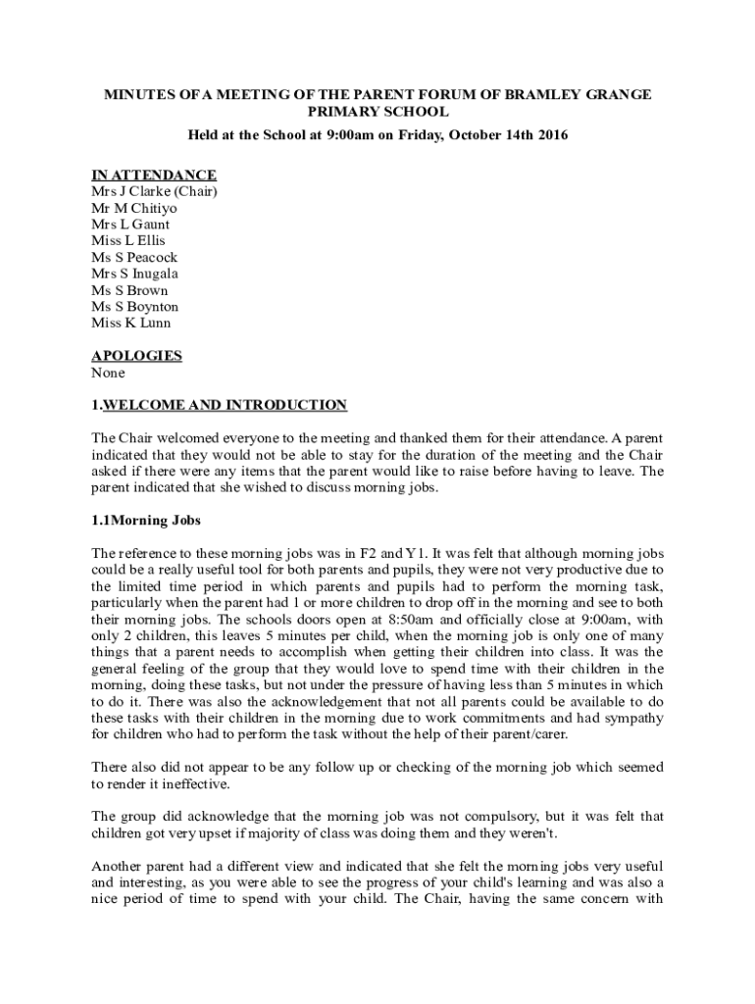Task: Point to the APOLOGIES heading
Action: pyautogui.click(x=136, y=356)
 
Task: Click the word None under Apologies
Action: pyautogui.click(x=108, y=373)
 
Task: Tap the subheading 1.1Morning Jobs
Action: pyautogui.click(x=146, y=520)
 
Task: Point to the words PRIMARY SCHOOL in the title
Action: pyautogui.click(x=377, y=112)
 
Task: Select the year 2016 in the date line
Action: pyautogui.click(x=551, y=134)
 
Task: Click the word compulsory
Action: pyautogui.click(x=509, y=817)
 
